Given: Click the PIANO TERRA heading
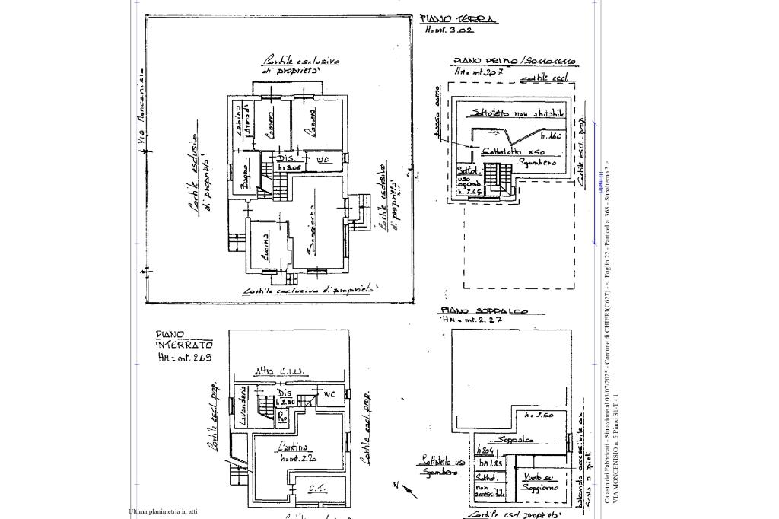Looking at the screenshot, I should pyautogui.click(x=459, y=19).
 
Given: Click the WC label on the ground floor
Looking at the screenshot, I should pyautogui.click(x=323, y=161).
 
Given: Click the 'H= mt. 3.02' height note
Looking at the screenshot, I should pyautogui.click(x=449, y=30).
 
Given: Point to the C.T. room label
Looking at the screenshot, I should pyautogui.click(x=317, y=488).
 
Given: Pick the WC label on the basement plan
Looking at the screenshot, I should pyautogui.click(x=329, y=394).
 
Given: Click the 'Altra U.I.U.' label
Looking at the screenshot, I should pyautogui.click(x=281, y=371).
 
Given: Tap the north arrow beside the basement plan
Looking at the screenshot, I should pyautogui.click(x=406, y=489).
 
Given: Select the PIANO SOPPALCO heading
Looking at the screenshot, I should pyautogui.click(x=482, y=311).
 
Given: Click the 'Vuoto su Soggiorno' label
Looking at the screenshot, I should pyautogui.click(x=539, y=482).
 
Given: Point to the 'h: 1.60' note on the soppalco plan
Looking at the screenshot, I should pyautogui.click(x=539, y=416).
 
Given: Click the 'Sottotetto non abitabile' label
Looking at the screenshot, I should pyautogui.click(x=518, y=113).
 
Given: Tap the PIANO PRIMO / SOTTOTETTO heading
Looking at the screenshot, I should pyautogui.click(x=514, y=61).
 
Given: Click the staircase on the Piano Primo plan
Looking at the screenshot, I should pyautogui.click(x=498, y=179).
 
